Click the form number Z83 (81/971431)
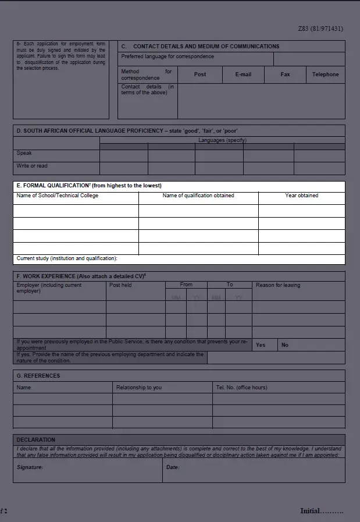pos(320,29)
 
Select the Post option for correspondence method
pos(200,74)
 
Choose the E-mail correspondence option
pos(243,74)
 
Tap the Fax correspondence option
pos(285,74)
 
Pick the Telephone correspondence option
pos(325,74)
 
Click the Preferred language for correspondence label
pos(167,57)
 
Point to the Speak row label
pos(24,154)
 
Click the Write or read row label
pos(32,166)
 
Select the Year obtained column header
pos(301,196)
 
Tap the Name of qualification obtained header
pos(198,196)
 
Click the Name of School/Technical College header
pos(58,196)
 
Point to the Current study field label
pos(67,258)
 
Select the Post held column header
pos(120,285)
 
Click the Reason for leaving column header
pos(278,285)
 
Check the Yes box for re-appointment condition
pos(261,345)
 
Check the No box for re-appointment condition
pos(285,345)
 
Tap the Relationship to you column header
pos(139,388)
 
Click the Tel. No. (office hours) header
pos(241,388)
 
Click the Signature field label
pos(30,467)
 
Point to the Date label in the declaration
pos(173,467)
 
